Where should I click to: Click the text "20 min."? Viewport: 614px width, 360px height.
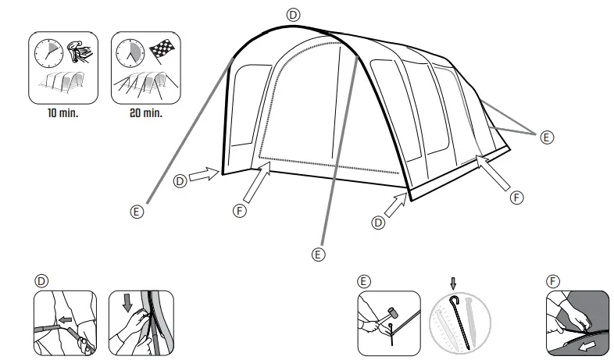click(147, 113)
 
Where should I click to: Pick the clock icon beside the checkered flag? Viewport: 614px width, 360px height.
click(130, 54)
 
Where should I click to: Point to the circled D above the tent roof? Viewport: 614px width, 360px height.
click(293, 14)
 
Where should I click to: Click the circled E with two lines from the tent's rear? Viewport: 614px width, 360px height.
click(547, 137)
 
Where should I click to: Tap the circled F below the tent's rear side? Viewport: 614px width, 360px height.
click(516, 198)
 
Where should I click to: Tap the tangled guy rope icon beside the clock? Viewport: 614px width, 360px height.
click(78, 52)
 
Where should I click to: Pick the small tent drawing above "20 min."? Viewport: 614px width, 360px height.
click(146, 87)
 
